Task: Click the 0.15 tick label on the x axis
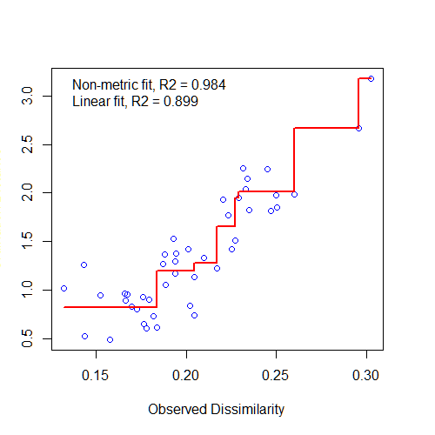(96, 374)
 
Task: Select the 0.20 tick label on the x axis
(186, 374)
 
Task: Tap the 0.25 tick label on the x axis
(277, 374)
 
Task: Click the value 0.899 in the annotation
(181, 102)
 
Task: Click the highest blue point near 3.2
(371, 78)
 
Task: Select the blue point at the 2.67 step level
(358, 128)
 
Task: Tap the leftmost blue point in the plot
(64, 288)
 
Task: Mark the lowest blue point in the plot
(110, 339)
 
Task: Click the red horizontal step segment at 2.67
(326, 128)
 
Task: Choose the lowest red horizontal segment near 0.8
(109, 307)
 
